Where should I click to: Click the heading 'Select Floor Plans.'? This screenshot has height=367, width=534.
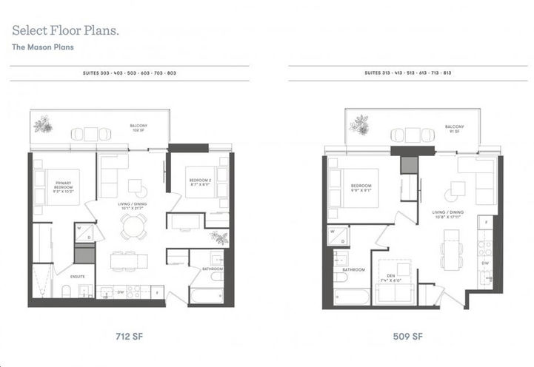pyautogui.click(x=64, y=31)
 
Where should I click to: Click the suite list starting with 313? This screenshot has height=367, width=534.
pyautogui.click(x=408, y=74)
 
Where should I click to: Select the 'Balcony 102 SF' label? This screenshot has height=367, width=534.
pyautogui.click(x=135, y=127)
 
